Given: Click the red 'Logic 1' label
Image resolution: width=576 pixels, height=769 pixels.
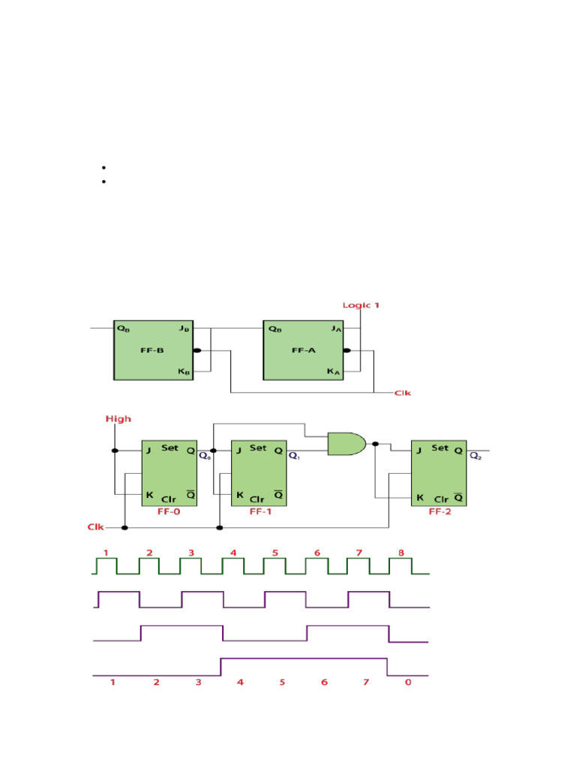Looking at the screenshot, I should (361, 305).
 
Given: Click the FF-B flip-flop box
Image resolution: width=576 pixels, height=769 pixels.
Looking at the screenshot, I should (153, 350).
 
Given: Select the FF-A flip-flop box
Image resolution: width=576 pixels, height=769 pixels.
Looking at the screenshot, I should (303, 350).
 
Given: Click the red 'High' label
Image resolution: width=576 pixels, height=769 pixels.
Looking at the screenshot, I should (118, 419).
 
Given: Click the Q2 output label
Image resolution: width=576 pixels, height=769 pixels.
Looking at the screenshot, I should (475, 455).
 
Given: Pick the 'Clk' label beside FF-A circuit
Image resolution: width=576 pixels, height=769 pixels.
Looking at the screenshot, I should (403, 393).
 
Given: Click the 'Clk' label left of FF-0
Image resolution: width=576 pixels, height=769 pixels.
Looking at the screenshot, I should (95, 527).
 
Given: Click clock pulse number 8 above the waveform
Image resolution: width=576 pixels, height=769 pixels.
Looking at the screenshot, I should (401, 553).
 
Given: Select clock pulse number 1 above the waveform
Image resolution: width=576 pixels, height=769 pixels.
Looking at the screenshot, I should (106, 553).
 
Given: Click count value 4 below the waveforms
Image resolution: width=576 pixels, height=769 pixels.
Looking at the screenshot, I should (240, 683).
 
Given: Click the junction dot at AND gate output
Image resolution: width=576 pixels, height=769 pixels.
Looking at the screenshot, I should (376, 443).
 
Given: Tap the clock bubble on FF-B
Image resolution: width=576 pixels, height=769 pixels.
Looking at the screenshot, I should (197, 351).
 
